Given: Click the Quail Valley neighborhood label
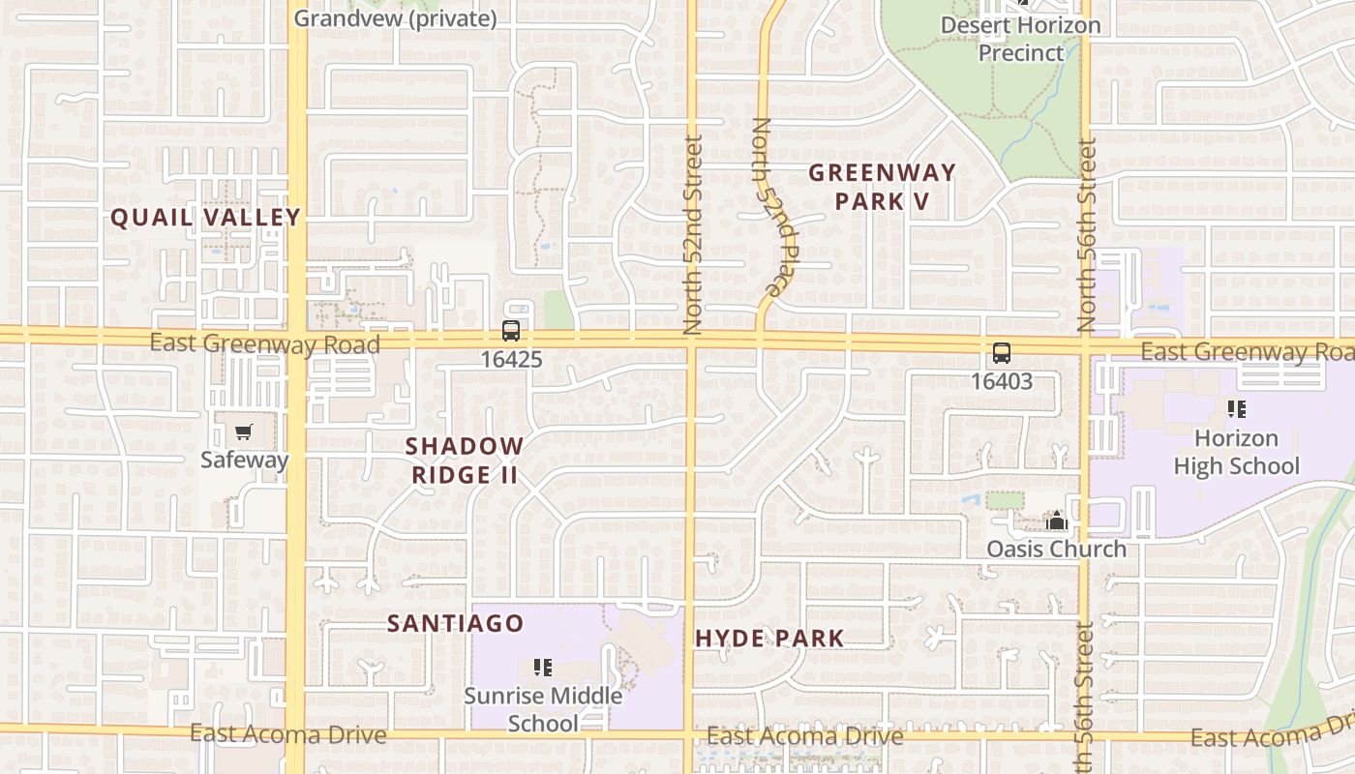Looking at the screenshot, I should click(x=205, y=218).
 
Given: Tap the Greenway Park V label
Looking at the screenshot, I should click(x=882, y=187).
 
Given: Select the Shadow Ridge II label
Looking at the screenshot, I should click(x=465, y=461).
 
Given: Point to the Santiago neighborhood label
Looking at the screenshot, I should click(x=455, y=624).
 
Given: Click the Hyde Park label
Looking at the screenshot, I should click(x=769, y=638).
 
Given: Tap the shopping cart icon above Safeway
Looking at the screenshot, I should click(x=243, y=432).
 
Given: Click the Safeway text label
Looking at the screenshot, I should click(x=244, y=460).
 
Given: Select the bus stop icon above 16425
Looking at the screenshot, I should click(x=510, y=331).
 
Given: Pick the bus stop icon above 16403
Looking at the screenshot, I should click(x=1002, y=353).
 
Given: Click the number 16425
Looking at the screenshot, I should click(x=511, y=360).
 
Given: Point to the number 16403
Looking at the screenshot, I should click(x=1002, y=381).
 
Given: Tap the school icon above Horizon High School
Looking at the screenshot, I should click(x=1236, y=409).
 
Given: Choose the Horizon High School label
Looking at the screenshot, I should click(x=1236, y=452).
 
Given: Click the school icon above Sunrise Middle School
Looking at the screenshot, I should click(x=543, y=667).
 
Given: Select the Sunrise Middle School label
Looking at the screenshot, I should click(x=543, y=709).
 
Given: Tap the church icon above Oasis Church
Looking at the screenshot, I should click(x=1056, y=521).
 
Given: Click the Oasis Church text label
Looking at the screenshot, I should click(x=1056, y=549).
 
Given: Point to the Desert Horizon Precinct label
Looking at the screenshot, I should click(x=1020, y=39).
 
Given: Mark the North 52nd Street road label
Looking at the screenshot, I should click(x=693, y=235).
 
